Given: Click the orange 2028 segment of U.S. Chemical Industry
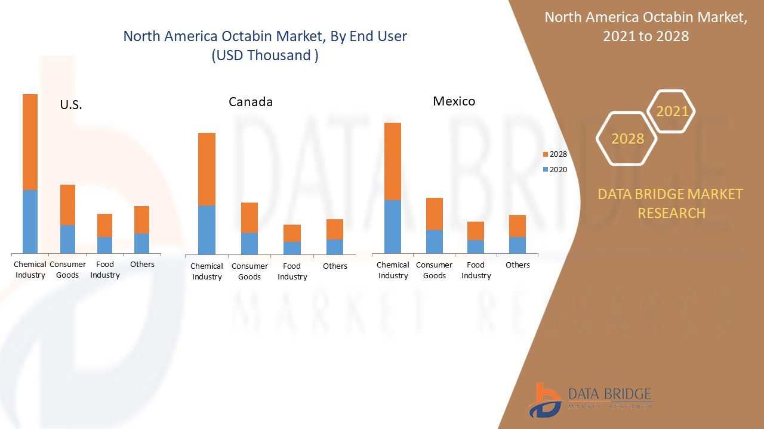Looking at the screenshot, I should (x=30, y=142).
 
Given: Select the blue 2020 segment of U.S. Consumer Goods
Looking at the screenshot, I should (x=67, y=238).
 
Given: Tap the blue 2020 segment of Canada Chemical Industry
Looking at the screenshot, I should (x=207, y=229).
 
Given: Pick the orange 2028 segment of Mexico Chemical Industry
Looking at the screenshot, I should (x=392, y=161).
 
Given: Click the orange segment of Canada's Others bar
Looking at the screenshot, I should (x=334, y=229).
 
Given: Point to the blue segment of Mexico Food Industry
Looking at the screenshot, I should (x=476, y=246).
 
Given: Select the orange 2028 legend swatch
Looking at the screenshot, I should (x=545, y=154).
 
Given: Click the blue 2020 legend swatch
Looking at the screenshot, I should (x=545, y=170).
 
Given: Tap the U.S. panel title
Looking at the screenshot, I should (x=71, y=105).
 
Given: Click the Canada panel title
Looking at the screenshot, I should (x=251, y=102).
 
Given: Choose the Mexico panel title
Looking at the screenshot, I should (x=454, y=101).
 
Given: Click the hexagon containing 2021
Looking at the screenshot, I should (x=671, y=111).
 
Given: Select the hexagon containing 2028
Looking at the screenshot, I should (x=627, y=139).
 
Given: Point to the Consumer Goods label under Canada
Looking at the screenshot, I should (x=249, y=271).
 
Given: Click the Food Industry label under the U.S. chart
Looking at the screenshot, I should (x=105, y=269).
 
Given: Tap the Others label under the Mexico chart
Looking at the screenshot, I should (x=517, y=265).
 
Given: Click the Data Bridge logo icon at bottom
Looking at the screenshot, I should (x=544, y=400).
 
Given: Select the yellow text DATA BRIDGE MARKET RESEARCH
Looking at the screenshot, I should (x=671, y=203).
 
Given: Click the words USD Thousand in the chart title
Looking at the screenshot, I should (x=264, y=55).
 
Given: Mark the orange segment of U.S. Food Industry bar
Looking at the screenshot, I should (x=104, y=225).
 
